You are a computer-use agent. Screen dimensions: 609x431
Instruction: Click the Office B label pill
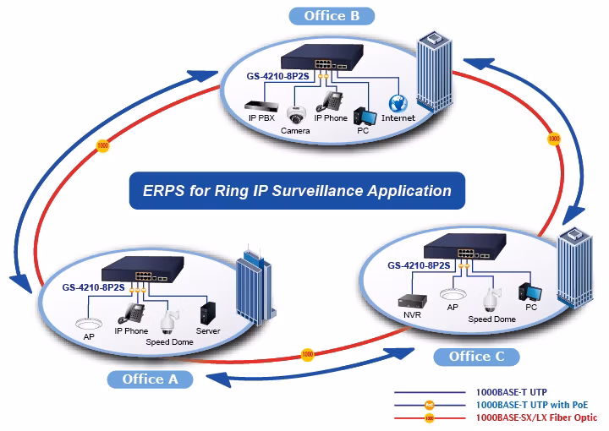pyautogui.click(x=332, y=16)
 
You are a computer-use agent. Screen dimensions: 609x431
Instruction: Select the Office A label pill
pyautogui.click(x=150, y=379)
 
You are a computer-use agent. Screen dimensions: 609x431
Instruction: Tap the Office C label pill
pyautogui.click(x=476, y=357)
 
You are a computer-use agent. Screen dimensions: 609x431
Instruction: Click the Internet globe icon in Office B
pyautogui.click(x=398, y=104)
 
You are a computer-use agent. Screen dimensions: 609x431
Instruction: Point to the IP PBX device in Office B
pyautogui.click(x=261, y=106)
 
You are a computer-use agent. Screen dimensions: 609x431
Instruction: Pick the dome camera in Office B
pyautogui.click(x=296, y=115)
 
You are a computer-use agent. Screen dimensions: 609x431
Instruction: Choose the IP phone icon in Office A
pyautogui.click(x=131, y=314)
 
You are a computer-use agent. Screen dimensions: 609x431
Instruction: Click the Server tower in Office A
pyautogui.click(x=208, y=314)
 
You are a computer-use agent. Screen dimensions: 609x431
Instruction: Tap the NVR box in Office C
pyautogui.click(x=413, y=302)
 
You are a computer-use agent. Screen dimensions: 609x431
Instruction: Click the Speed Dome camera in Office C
pyautogui.click(x=491, y=300)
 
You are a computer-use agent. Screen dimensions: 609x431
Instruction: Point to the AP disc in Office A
pyautogui.click(x=89, y=324)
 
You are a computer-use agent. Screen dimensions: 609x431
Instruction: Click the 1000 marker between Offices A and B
pyautogui.click(x=102, y=146)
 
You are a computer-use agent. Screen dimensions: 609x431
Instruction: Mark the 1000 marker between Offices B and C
pyautogui.click(x=554, y=139)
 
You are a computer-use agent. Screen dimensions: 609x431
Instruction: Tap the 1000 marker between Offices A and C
pyautogui.click(x=308, y=354)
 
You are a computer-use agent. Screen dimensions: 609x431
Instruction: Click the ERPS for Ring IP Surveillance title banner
pyautogui.click(x=297, y=191)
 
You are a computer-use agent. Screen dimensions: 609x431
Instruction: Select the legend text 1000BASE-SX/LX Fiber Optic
pyautogui.click(x=536, y=417)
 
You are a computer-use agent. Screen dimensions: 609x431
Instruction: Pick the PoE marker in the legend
pyautogui.click(x=429, y=406)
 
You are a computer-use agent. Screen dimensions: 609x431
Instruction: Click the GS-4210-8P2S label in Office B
pyautogui.click(x=277, y=76)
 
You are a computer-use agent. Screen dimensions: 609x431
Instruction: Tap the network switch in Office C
pyautogui.click(x=464, y=247)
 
